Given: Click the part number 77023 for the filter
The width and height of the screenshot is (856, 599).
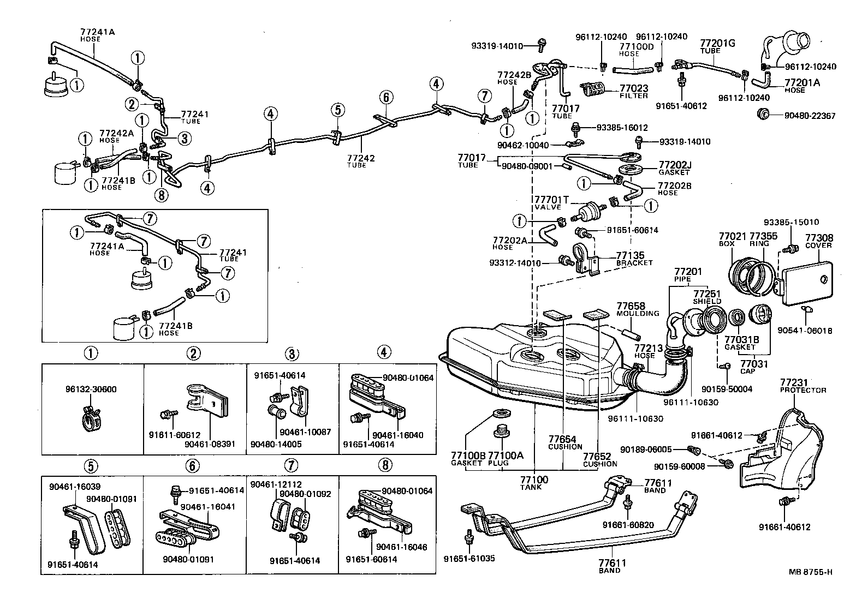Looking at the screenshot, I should coord(633,87).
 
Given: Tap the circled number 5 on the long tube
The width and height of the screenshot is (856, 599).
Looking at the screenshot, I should coord(337,110).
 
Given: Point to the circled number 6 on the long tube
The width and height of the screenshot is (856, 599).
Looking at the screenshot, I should coord(385,98).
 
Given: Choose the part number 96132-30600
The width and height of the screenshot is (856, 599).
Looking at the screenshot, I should coord(90,390).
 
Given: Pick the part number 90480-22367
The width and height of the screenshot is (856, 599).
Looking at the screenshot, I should coord(810,116).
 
